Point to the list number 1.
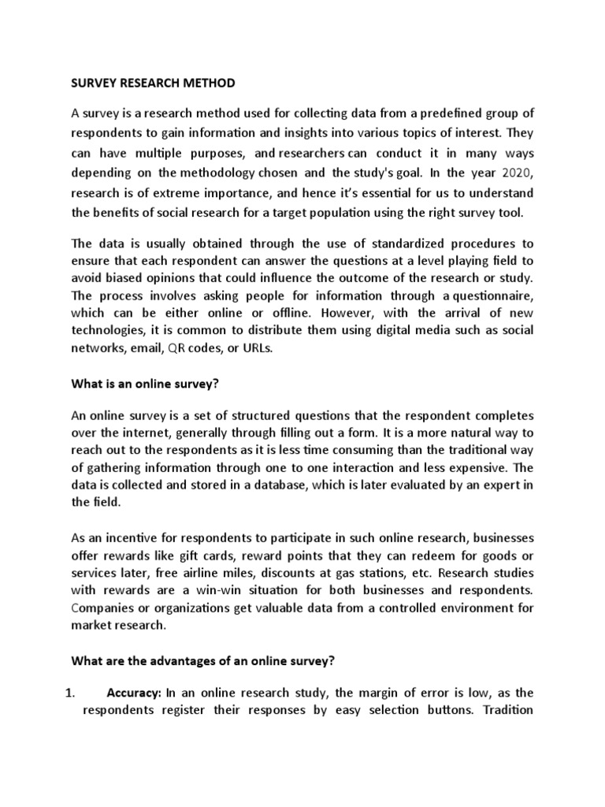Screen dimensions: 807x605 68,694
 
